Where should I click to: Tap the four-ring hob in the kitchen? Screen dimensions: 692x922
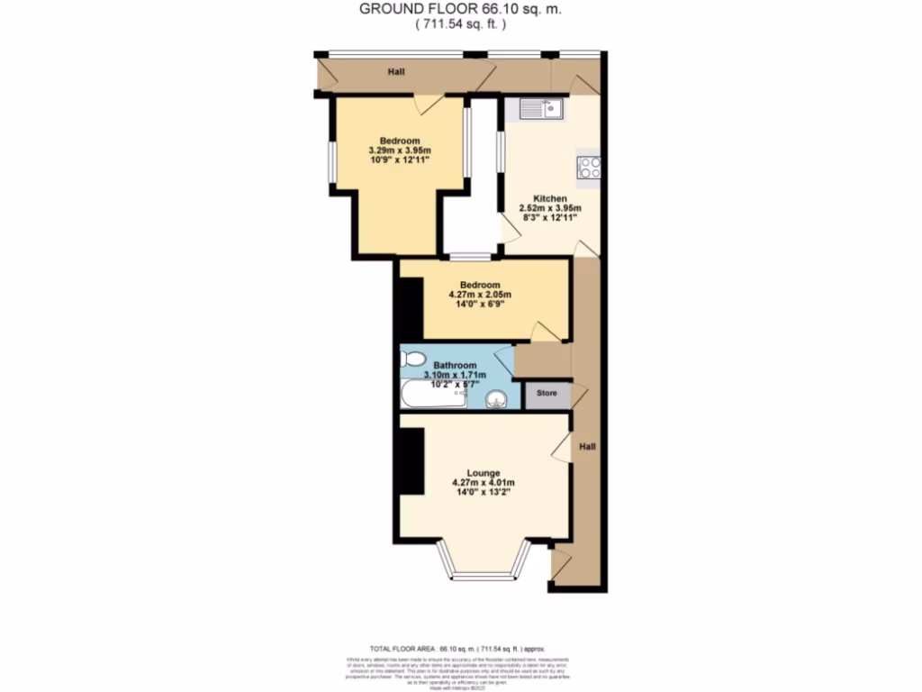pos(590,168)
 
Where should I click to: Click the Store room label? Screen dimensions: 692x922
pos(547,394)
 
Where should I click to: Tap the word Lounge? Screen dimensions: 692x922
pos(484,472)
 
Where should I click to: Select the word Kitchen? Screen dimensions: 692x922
pos(549,198)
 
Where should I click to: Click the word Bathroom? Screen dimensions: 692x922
pos(455,365)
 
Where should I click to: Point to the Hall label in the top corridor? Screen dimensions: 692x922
pos(395,71)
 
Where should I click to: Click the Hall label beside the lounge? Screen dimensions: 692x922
pos(587,446)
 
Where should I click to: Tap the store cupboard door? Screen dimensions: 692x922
pos(578,394)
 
